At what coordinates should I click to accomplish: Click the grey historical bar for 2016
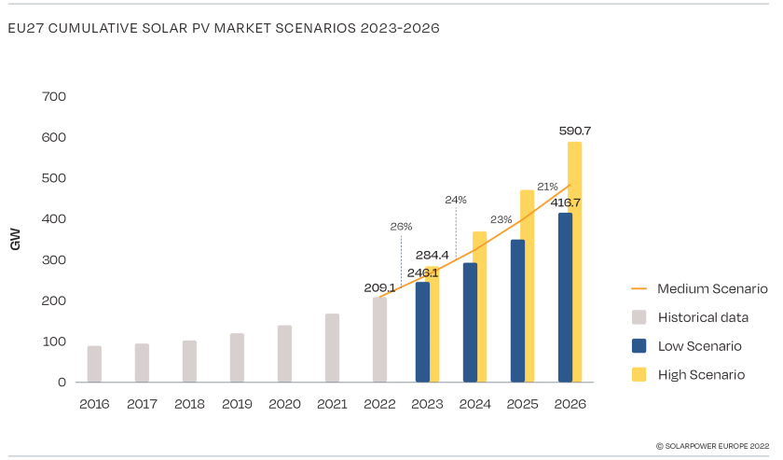pyautogui.click(x=94, y=364)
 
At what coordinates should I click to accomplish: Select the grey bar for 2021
pyautogui.click(x=332, y=348)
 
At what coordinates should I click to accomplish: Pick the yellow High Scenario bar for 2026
pyautogui.click(x=575, y=261)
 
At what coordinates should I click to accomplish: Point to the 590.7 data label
pyautogui.click(x=575, y=132)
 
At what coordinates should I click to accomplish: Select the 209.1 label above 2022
pyautogui.click(x=379, y=287)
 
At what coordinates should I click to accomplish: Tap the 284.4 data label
pyautogui.click(x=432, y=255)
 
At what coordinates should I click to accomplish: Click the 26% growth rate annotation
pyautogui.click(x=401, y=226)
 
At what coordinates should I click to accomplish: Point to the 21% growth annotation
pyautogui.click(x=547, y=187)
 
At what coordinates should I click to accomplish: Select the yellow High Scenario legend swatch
pyautogui.click(x=639, y=374)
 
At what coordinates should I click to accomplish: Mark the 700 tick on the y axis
pyautogui.click(x=54, y=96)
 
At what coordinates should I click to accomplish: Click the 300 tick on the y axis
pyautogui.click(x=54, y=259)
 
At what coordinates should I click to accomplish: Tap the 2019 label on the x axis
pyautogui.click(x=237, y=404)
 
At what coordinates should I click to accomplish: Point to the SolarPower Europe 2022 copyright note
pyautogui.click(x=712, y=446)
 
